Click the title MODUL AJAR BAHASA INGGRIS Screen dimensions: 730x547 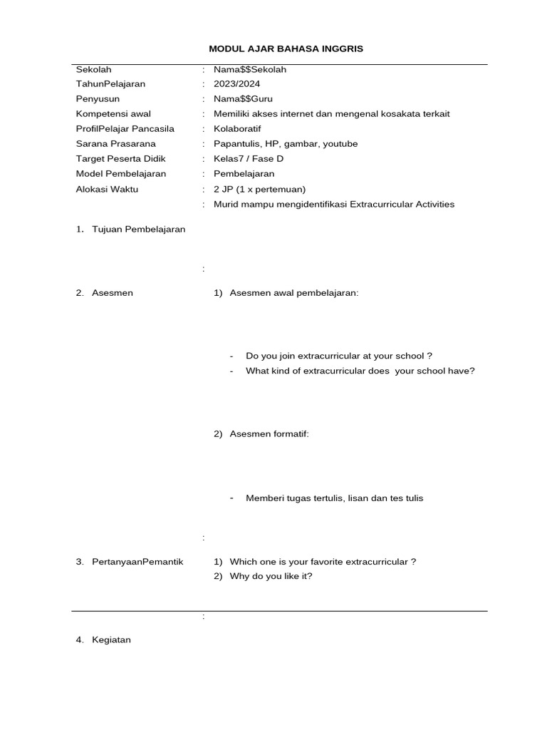pos(286,48)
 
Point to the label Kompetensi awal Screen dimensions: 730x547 pos(113,114)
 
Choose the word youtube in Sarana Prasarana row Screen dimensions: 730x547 pos(340,144)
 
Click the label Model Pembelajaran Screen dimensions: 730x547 pos(121,174)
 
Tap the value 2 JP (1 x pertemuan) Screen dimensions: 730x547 pos(259,189)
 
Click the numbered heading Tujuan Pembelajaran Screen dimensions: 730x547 pos(138,230)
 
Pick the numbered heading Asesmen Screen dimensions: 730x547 pos(112,293)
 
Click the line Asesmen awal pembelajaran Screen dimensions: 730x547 pos(293,293)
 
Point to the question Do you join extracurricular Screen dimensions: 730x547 pos(339,356)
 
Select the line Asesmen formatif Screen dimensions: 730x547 pos(269,435)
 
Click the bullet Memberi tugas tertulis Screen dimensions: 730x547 pos(334,498)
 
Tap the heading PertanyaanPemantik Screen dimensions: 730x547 pos(137,562)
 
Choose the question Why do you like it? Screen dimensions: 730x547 pos(271,577)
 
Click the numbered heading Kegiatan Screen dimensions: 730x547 pos(111,640)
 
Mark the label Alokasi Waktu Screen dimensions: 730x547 pos(108,189)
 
